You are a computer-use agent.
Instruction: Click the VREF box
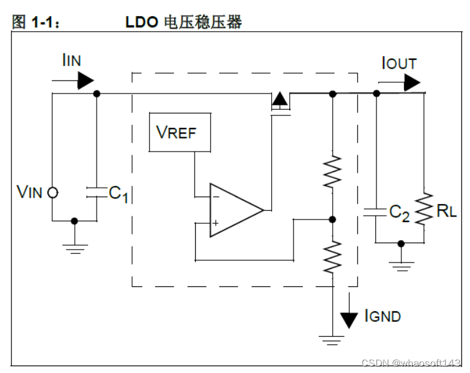180,132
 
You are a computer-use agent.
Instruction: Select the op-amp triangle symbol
234,210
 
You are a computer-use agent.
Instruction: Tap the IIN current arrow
84,80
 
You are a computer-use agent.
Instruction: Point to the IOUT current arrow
411,82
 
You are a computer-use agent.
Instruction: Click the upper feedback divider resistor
332,170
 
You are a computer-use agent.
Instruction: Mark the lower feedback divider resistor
332,256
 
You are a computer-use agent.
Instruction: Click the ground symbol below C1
75,247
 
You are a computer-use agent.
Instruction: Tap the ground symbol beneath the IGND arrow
332,341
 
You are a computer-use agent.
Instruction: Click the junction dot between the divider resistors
332,220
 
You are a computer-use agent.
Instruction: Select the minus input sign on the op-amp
216,197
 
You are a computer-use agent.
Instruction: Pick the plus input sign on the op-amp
216,223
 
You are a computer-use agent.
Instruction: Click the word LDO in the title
142,23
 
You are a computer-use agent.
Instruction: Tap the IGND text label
382,316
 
